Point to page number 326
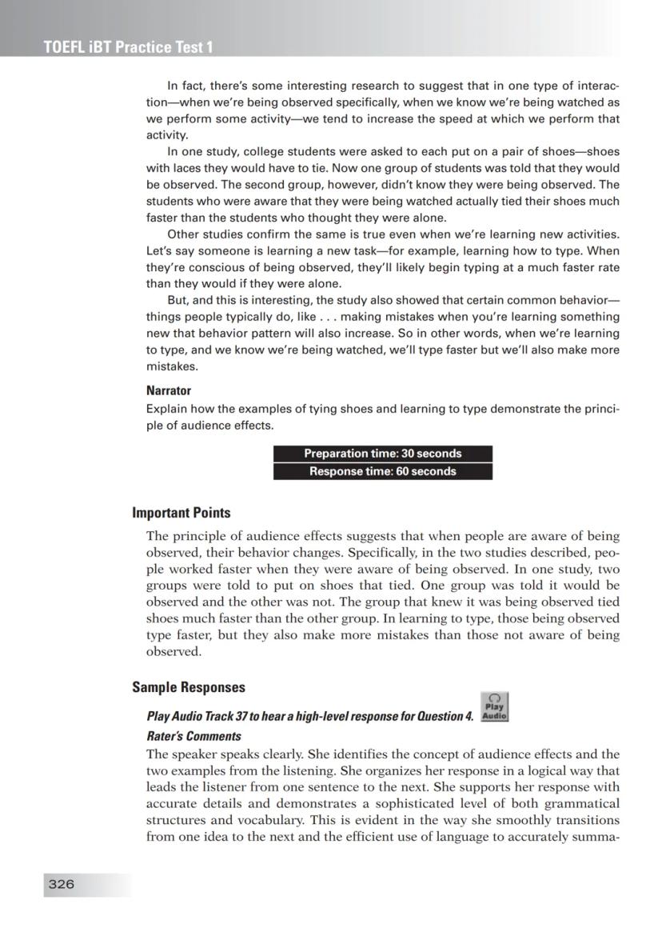[61, 884]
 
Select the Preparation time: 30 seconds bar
[382, 454]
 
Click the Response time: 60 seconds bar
[382, 471]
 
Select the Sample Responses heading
[188, 687]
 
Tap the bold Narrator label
[168, 391]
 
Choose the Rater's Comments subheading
[193, 736]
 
